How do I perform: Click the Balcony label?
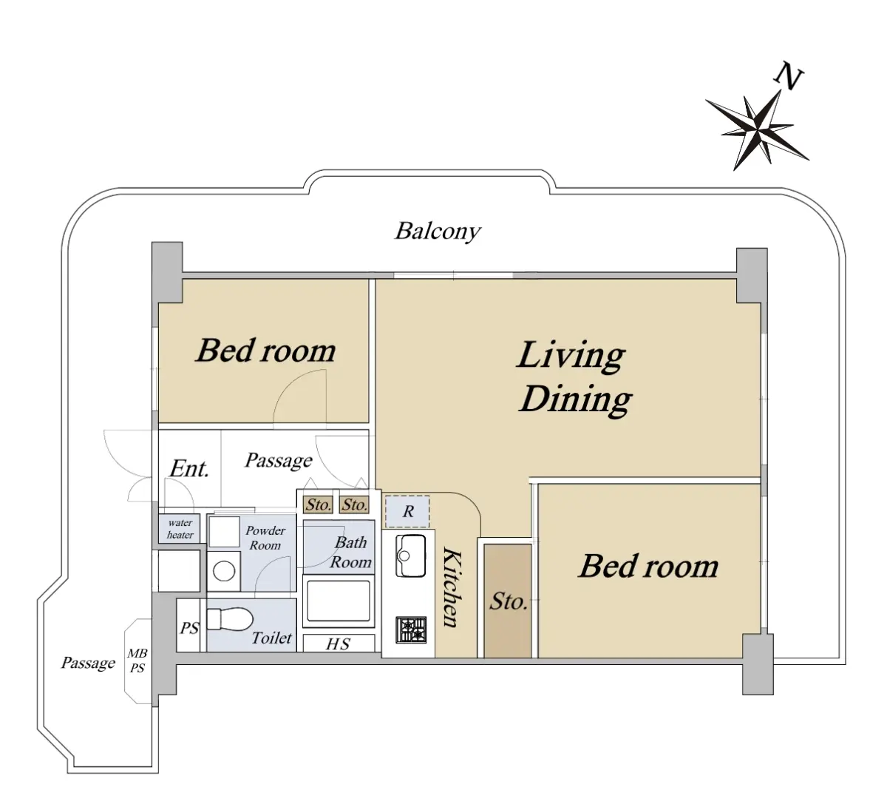coord(438,231)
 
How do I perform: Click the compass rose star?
coord(758,130)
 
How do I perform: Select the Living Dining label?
coord(574,377)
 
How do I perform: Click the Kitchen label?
coord(452,587)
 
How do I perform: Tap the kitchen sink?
coord(410,556)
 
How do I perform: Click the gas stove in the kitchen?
coord(411,630)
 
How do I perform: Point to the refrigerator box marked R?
coord(407,511)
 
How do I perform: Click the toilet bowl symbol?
coord(229,618)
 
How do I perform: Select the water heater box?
coord(180,529)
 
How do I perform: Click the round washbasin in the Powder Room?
coord(224,571)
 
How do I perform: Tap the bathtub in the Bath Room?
coord(339,601)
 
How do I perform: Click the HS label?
coord(339,644)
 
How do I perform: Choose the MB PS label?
coord(137,661)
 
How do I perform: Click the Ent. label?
coord(188,468)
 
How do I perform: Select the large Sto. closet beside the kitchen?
coord(508,601)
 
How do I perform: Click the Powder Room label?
coord(265,538)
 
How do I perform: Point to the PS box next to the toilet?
coord(188,624)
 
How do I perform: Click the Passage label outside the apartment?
coord(88,663)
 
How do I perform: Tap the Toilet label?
coord(271,638)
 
